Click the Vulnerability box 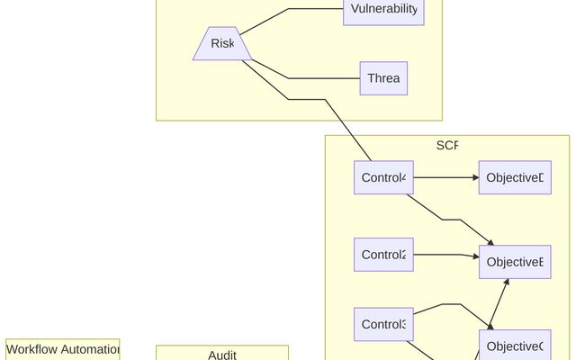coord(383,10)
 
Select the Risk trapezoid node coord(221,44)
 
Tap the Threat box coord(383,78)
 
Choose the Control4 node coord(383,177)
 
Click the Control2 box coord(383,255)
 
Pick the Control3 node coord(383,324)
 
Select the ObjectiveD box coord(515,177)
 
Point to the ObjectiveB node coord(515,262)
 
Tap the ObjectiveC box coord(515,346)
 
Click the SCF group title coord(447,146)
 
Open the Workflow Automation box coord(63,349)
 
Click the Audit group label coord(222,355)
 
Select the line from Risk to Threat coord(297,78)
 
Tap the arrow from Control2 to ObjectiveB coord(441,255)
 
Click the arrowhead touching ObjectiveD coord(474,177)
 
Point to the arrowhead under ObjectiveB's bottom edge coord(507,283)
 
